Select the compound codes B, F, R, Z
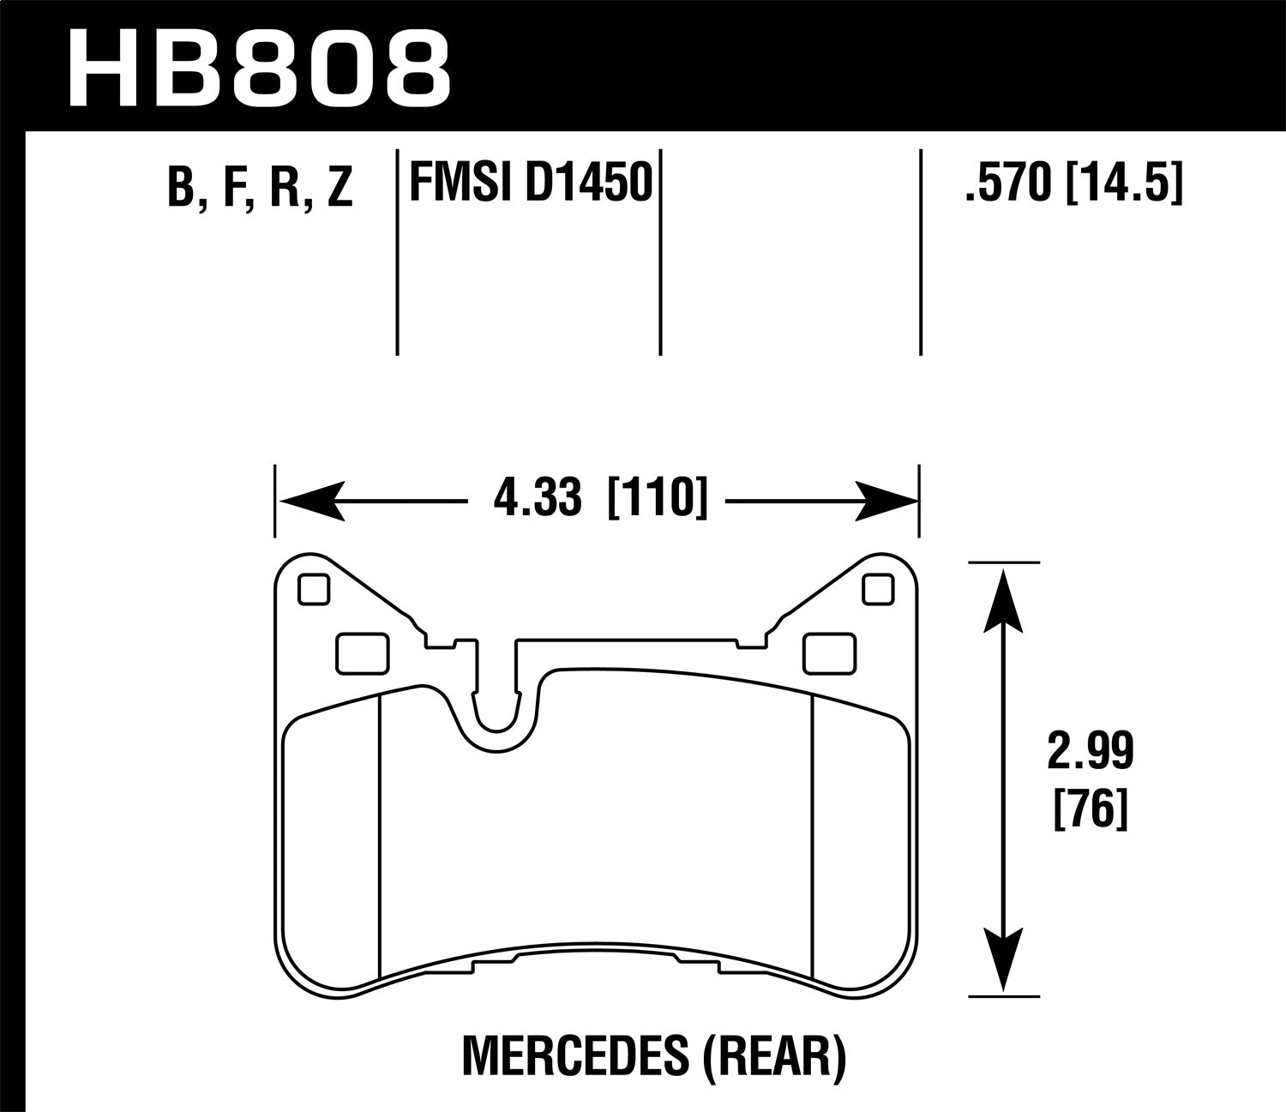(x=261, y=187)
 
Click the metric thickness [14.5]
(x=1123, y=183)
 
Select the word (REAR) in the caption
(x=774, y=1056)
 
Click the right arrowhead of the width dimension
(x=885, y=501)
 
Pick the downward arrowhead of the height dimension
(x=1003, y=960)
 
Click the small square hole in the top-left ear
(x=312, y=588)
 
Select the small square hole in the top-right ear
(x=877, y=588)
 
